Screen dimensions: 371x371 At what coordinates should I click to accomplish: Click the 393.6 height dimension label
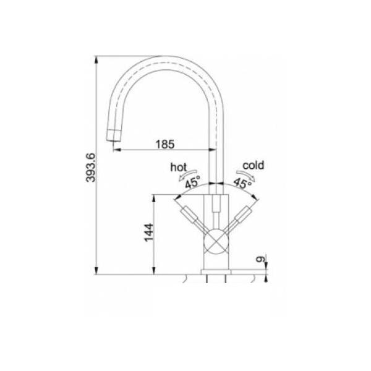click(x=91, y=168)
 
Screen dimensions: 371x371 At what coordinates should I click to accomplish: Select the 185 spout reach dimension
click(x=165, y=144)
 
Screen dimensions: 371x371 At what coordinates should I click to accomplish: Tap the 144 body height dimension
click(x=149, y=232)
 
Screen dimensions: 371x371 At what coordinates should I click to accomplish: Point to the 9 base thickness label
click(x=260, y=259)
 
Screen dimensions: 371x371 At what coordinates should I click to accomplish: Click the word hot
click(x=179, y=168)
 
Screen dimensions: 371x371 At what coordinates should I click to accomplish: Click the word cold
click(x=253, y=165)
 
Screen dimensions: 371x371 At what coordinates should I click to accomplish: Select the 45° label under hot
click(x=192, y=182)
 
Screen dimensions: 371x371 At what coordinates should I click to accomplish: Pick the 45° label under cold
click(x=242, y=183)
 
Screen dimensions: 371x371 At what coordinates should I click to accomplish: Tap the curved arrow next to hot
click(x=188, y=174)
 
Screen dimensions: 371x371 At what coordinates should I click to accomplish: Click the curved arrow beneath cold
click(x=245, y=174)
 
